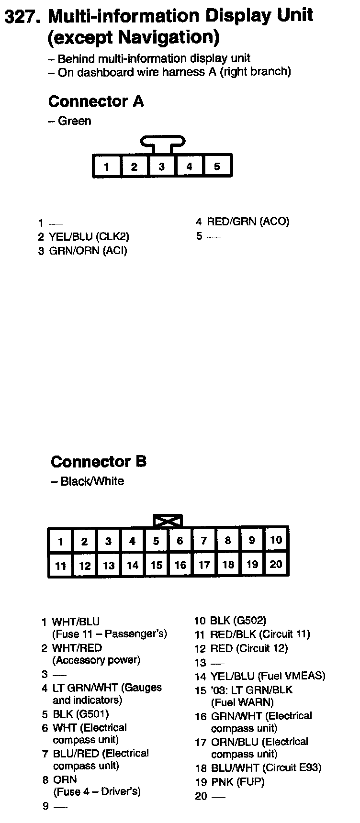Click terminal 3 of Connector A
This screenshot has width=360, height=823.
[162, 167]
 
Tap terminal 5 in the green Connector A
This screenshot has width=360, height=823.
[217, 167]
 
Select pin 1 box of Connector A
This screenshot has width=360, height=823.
[107, 167]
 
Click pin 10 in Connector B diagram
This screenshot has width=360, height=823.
[276, 541]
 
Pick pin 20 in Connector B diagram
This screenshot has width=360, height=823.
[276, 565]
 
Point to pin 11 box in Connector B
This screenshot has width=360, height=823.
[60, 566]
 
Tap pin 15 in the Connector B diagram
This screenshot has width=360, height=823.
[156, 566]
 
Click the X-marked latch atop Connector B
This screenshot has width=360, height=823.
[168, 521]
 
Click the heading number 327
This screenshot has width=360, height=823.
[22, 17]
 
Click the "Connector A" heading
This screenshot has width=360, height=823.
[96, 101]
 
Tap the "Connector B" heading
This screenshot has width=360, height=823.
[98, 462]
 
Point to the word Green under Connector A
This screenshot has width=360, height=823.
[74, 121]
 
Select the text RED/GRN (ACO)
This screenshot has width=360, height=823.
[248, 222]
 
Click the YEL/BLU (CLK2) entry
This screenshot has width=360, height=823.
[89, 236]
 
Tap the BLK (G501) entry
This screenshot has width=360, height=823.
[80, 714]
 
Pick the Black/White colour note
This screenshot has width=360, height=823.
[92, 481]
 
